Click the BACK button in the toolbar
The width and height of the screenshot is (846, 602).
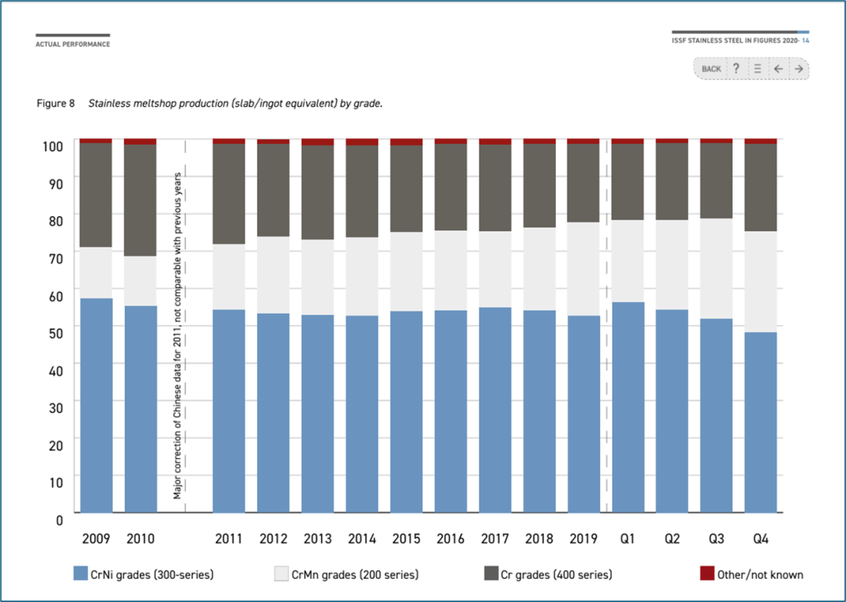(711, 69)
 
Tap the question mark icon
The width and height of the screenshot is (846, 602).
(736, 69)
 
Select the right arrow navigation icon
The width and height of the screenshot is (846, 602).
(799, 69)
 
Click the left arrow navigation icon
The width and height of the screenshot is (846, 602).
(778, 69)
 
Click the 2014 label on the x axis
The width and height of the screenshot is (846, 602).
(361, 539)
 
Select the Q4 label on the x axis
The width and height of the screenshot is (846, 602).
(761, 539)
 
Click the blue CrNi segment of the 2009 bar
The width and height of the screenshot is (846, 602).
(96, 406)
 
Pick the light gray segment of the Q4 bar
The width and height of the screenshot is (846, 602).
(761, 282)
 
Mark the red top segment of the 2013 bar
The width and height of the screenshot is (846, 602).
(318, 142)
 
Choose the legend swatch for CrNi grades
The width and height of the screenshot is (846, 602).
(80, 574)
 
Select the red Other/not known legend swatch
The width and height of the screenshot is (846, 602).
(707, 574)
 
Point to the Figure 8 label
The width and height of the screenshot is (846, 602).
(56, 104)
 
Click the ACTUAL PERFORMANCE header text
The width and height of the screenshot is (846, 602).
(73, 44)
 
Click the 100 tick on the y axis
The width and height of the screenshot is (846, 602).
(52, 147)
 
